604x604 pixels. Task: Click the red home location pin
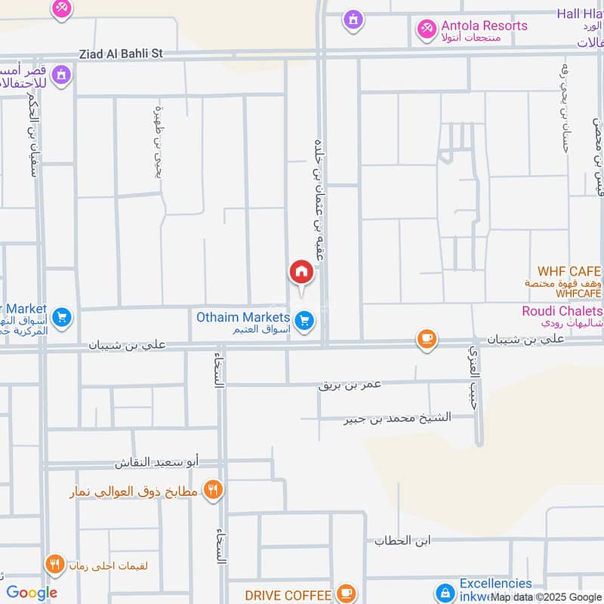point(301,272)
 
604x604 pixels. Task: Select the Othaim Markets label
point(243,317)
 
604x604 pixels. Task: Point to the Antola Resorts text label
point(484,26)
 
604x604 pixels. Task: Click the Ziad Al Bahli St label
point(121,54)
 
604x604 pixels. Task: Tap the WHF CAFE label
point(569,271)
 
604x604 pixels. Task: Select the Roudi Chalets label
point(562,311)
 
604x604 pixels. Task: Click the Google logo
point(32,593)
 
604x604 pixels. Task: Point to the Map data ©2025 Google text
point(546,596)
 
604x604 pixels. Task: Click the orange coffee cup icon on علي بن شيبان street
point(427,339)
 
